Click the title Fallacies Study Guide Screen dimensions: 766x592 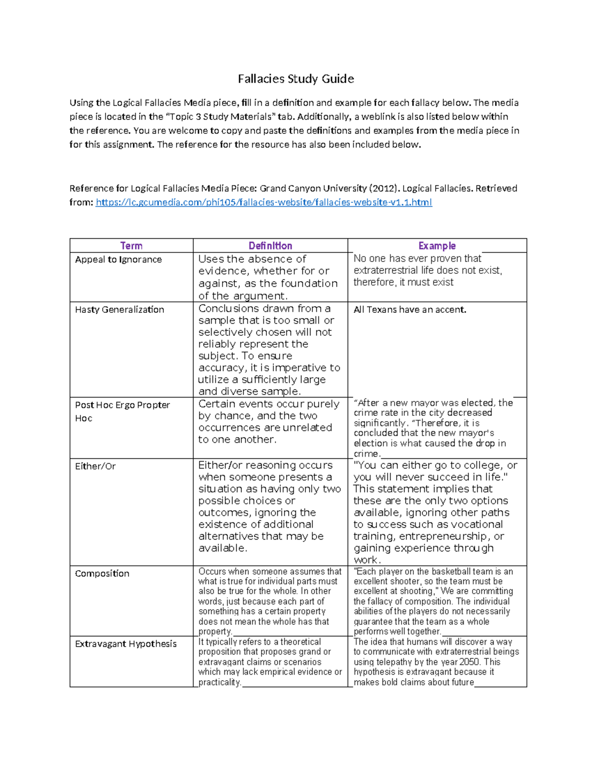[296, 79]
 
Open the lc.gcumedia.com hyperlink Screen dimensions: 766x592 [263, 202]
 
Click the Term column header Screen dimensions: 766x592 [131, 246]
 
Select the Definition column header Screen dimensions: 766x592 [270, 246]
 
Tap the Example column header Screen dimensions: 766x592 [437, 246]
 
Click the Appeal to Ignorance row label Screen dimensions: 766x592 [118, 259]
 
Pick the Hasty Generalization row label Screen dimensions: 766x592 [119, 310]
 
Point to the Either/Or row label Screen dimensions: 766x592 [95, 466]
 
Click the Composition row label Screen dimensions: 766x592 [102, 574]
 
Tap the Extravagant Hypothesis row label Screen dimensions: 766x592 [125, 644]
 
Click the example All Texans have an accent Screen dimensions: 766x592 [409, 310]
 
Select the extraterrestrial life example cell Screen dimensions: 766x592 [427, 270]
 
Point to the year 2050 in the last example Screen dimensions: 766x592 [469, 662]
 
